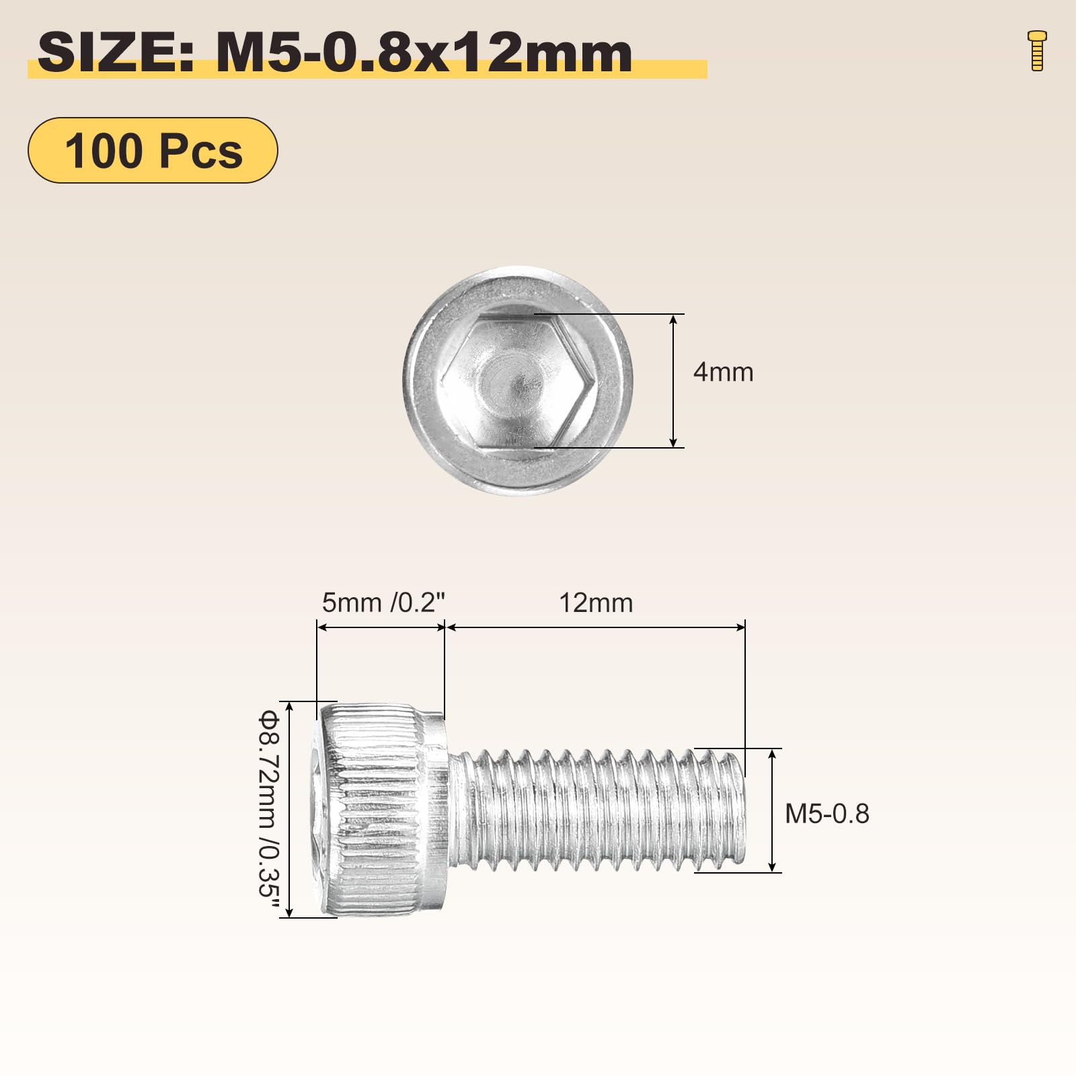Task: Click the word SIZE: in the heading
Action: pyautogui.click(x=116, y=53)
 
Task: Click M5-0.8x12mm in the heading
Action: pyautogui.click(x=424, y=53)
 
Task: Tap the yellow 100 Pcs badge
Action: pyautogui.click(x=153, y=150)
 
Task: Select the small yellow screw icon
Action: pyautogui.click(x=1038, y=50)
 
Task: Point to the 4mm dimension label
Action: pyautogui.click(x=724, y=372)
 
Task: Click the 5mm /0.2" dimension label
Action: pyautogui.click(x=383, y=603)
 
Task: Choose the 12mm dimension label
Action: pyautogui.click(x=597, y=603)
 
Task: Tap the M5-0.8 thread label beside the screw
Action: pyautogui.click(x=827, y=814)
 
